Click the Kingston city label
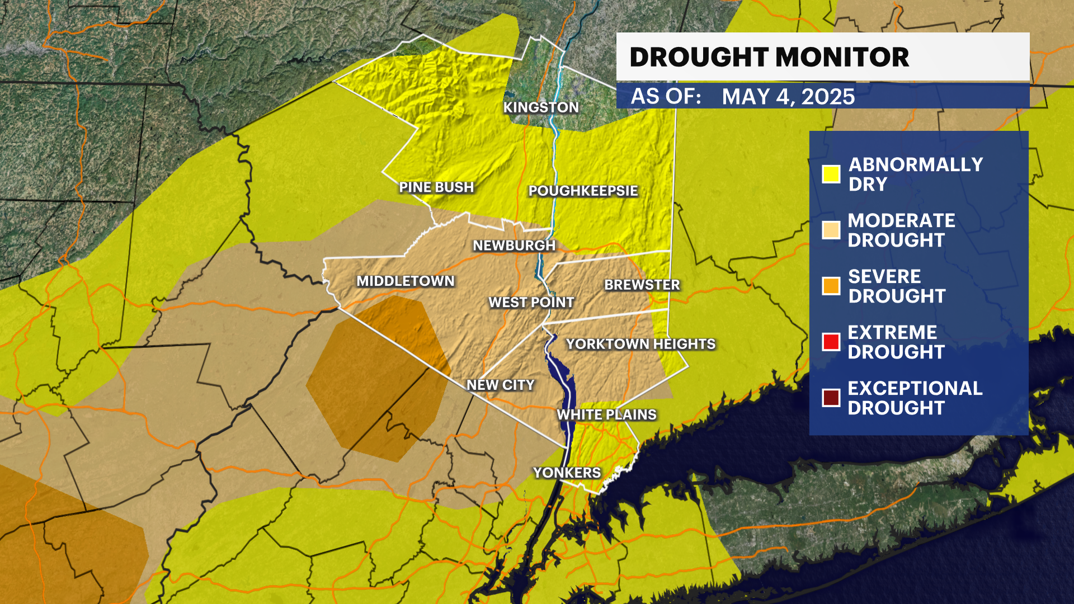pos(541,107)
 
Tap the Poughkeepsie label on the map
pos(583,191)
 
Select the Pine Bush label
pos(436,187)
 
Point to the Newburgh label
pos(514,246)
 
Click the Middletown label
pos(406,281)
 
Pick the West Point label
pos(531,303)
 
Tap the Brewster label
pos(642,285)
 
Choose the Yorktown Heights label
pos(640,344)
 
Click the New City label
pos(501,385)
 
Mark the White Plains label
pos(607,415)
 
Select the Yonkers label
pos(567,473)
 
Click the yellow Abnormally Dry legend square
pos(831,174)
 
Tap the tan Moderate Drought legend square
pos(831,230)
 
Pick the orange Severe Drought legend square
pos(831,286)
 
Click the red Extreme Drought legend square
pos(831,342)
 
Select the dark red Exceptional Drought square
pos(831,398)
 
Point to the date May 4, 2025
pos(788,97)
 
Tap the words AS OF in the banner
pos(666,96)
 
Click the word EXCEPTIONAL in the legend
pos(915,388)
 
